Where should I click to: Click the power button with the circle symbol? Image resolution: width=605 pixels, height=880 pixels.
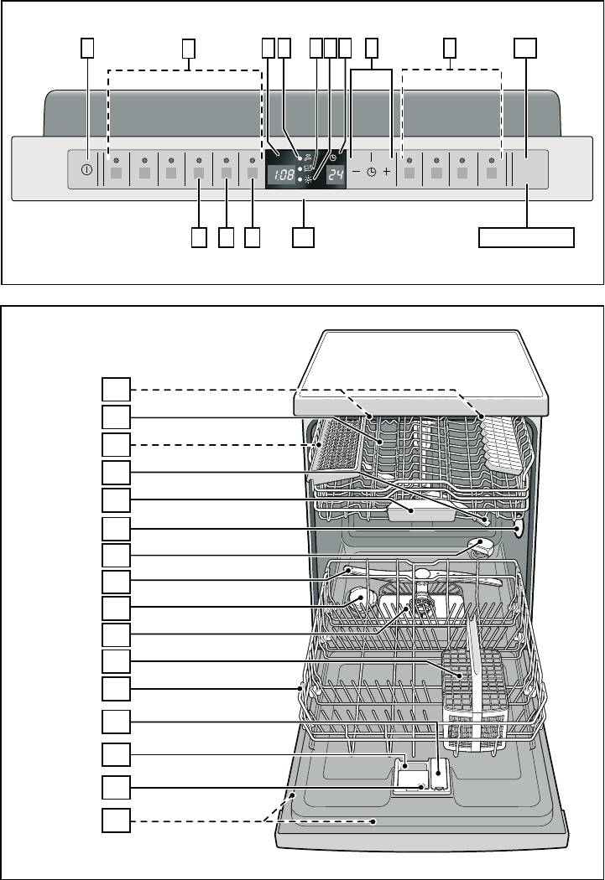click(87, 170)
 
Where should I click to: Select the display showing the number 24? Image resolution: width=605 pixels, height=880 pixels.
click(336, 175)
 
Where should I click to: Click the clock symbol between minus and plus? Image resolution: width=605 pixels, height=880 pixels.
click(372, 173)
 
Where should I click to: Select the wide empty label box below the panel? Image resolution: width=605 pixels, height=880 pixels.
click(526, 237)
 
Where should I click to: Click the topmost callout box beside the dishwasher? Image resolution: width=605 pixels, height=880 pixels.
click(117, 390)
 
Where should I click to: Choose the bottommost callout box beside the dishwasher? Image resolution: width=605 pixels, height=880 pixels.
click(117, 820)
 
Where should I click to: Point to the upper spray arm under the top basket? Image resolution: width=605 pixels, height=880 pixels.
click(421, 575)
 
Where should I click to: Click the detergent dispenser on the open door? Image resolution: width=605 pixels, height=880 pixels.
click(423, 774)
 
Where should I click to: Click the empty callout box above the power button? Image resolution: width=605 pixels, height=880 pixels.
click(87, 49)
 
